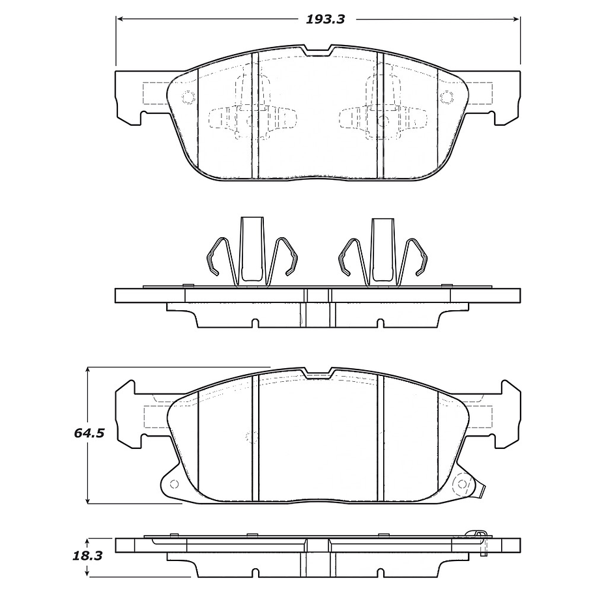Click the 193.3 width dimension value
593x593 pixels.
coord(325,19)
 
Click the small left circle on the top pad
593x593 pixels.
coord(188,98)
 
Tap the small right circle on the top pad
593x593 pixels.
coord(446,98)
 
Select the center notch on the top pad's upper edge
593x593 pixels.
coord(319,50)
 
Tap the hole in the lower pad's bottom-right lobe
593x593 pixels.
coord(463,485)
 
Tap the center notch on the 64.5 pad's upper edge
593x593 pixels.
coord(319,373)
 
